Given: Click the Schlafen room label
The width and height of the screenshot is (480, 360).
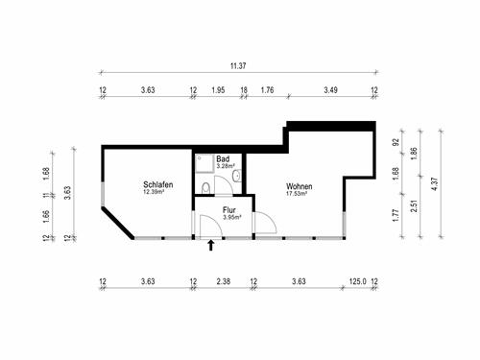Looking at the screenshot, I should [x=157, y=184].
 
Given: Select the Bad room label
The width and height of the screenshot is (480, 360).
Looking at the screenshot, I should [x=224, y=158].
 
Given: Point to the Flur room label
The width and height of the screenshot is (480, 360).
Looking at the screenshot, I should [x=230, y=209].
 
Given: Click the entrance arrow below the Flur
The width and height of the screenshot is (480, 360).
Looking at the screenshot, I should [x=211, y=246].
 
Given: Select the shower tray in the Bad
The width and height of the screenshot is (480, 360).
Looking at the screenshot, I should [x=204, y=165].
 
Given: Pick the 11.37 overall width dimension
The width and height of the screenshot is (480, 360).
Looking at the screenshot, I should [x=237, y=66].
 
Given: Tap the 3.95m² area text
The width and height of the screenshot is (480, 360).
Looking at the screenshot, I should [x=230, y=217].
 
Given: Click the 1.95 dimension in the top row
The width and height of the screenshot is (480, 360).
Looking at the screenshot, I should [x=218, y=89].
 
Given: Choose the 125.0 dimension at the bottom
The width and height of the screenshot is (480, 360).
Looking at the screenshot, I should [x=356, y=282].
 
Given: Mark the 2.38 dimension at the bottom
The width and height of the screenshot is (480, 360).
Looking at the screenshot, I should [x=223, y=282].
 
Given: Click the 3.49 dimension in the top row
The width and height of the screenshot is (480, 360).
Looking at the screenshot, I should [x=329, y=89].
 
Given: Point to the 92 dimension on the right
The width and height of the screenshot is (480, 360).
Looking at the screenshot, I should [x=396, y=142].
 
